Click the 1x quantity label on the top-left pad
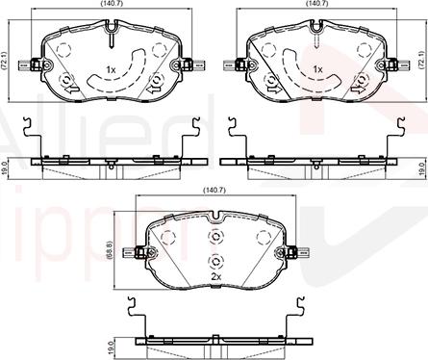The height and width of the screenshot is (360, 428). [112, 70]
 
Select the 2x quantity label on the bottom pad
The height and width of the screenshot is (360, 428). [216, 277]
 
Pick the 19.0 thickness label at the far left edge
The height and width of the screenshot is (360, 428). [4, 167]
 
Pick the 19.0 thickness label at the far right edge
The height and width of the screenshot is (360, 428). [424, 167]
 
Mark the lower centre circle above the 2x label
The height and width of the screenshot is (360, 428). [216, 259]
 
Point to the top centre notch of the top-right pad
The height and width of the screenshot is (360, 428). [318, 41]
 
